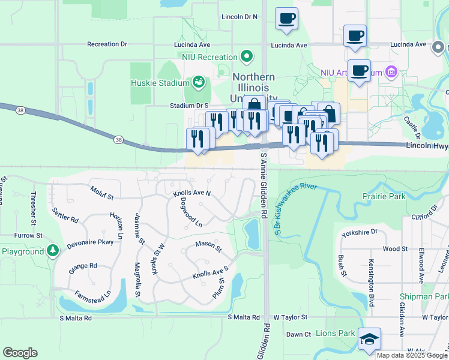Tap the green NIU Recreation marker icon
point(246,57)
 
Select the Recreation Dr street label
point(107,44)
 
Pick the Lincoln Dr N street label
point(239,17)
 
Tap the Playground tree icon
point(53,250)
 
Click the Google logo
point(20,353)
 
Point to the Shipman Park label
point(424,296)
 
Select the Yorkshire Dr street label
point(358,232)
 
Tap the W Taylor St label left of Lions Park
point(290,317)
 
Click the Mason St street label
point(208,246)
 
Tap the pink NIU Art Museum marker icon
point(391,72)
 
